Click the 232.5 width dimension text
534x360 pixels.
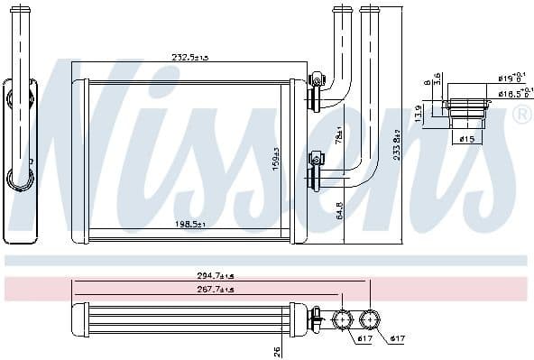pyautogui.click(x=190, y=57)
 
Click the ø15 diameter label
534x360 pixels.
pyautogui.click(x=466, y=139)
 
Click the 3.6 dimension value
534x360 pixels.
pyautogui.click(x=437, y=79)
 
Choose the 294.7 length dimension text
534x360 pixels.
pyautogui.click(x=189, y=276)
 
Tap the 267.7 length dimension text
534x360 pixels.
pyautogui.click(x=189, y=290)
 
